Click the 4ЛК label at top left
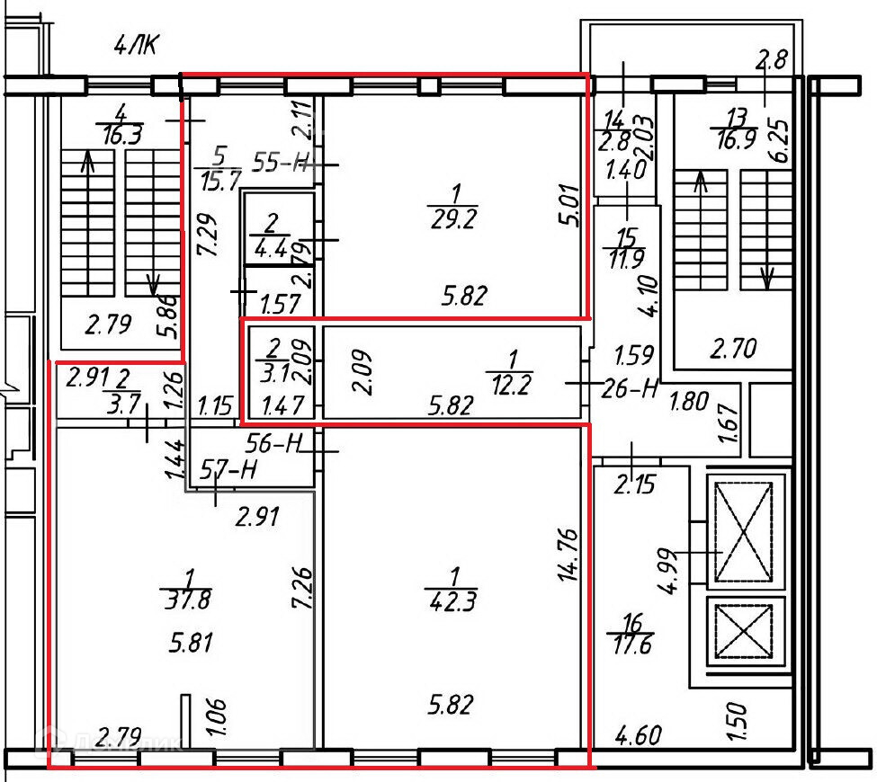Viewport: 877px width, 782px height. pos(136,45)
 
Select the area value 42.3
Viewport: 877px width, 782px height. pos(454,598)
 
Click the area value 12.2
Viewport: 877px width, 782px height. pos(509,387)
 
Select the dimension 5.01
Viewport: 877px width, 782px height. pos(566,206)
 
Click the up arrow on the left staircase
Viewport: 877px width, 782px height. pos(87,162)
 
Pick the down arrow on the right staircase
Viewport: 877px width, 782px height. pos(767,277)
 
